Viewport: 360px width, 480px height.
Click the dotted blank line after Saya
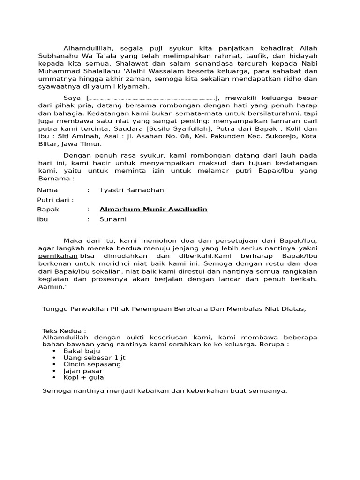tap(151, 98)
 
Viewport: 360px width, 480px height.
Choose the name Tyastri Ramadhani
tap(133, 190)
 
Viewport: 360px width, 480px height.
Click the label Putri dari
tap(55, 200)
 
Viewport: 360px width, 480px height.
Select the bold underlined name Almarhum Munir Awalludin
tap(153, 210)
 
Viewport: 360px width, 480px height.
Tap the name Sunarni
tap(113, 219)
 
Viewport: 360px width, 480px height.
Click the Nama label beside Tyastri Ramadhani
tap(47, 190)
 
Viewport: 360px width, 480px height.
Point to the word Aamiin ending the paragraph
tap(52, 286)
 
